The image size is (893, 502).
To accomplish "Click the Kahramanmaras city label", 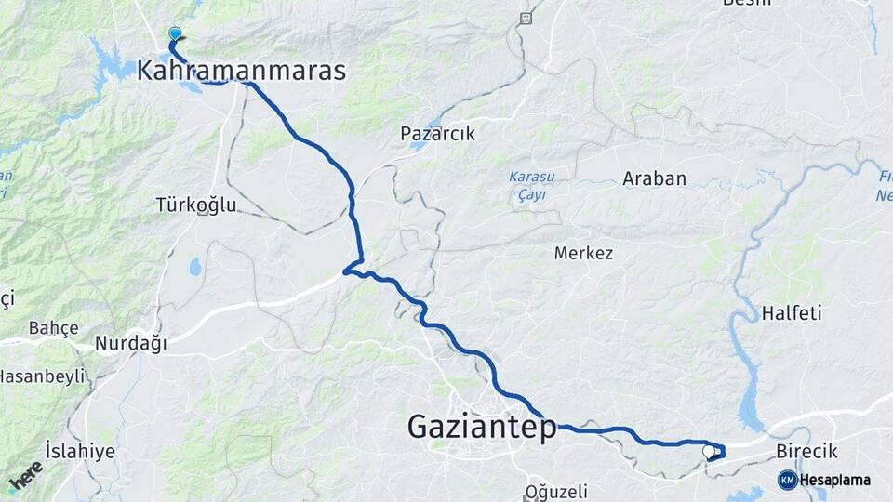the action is pyautogui.click(x=241, y=70).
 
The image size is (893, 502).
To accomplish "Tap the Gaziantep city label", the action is pyautogui.click(x=482, y=427).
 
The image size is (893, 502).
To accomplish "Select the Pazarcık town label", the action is pyautogui.click(x=437, y=133).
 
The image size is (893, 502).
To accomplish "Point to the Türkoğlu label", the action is pyautogui.click(x=196, y=205).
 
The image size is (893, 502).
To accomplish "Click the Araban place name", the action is pyautogui.click(x=654, y=178).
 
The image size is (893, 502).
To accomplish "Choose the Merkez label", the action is pyautogui.click(x=583, y=252).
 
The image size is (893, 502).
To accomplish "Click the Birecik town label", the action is pyautogui.click(x=806, y=451).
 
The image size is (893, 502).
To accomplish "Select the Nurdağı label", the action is pyautogui.click(x=130, y=344).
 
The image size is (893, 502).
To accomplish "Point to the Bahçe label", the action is pyautogui.click(x=53, y=327).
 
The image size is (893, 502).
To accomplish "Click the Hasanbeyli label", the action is pyautogui.click(x=42, y=376).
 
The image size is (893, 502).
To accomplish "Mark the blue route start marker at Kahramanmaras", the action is pyautogui.click(x=175, y=34).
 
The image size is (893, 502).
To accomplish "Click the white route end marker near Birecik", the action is pyautogui.click(x=709, y=451).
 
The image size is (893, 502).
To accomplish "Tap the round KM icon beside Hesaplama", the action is pyautogui.click(x=787, y=480).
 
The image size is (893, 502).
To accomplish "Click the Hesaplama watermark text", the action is pyautogui.click(x=835, y=480).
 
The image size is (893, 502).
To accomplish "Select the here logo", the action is pyautogui.click(x=25, y=476).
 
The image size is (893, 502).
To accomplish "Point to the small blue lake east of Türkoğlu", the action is pyautogui.click(x=195, y=267).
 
